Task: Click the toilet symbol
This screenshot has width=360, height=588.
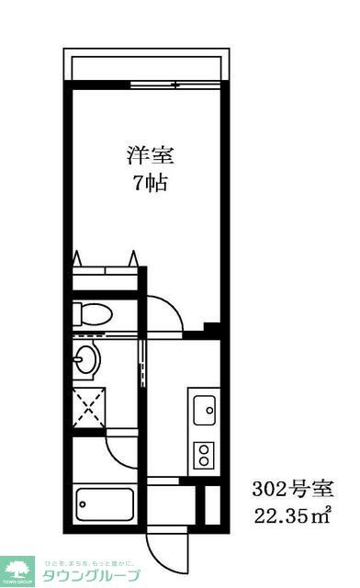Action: click(90, 312)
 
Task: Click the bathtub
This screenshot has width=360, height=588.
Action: click(105, 503)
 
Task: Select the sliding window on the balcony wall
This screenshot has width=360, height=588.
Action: click(174, 85)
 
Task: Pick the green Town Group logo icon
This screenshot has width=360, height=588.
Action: click(17, 569)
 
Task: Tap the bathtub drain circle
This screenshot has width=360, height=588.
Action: click(85, 503)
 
